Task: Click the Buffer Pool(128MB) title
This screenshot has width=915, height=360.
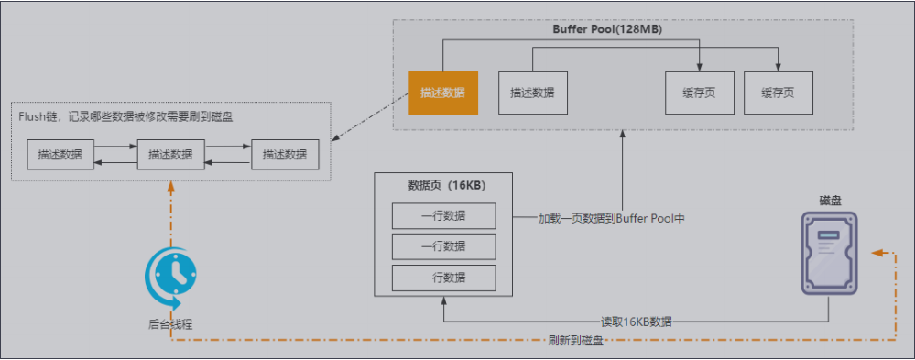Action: [x=607, y=29]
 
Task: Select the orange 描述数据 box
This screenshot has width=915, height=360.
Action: [x=442, y=93]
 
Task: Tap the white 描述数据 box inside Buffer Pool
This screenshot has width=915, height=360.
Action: [x=533, y=93]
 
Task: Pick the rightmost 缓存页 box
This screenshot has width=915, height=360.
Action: [x=778, y=93]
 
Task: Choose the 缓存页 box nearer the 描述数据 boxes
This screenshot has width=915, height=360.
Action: [x=699, y=93]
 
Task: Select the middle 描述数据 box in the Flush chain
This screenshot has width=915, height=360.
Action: [x=170, y=155]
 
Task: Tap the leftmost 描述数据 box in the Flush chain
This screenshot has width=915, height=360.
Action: [x=60, y=155]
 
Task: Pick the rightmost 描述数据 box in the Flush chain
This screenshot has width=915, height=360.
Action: [x=285, y=155]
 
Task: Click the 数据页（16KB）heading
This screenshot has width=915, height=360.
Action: [x=446, y=185]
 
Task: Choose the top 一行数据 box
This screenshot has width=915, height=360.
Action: [x=443, y=216]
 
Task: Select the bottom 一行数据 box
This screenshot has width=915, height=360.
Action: [x=443, y=278]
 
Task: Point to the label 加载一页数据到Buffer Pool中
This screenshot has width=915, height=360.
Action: [x=611, y=218]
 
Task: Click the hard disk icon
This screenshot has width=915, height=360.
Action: [x=830, y=252]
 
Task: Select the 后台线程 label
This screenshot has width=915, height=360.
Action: [x=170, y=323]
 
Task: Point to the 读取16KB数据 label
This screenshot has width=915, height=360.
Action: [x=636, y=322]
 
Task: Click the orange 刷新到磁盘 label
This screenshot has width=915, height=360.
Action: [x=575, y=341]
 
